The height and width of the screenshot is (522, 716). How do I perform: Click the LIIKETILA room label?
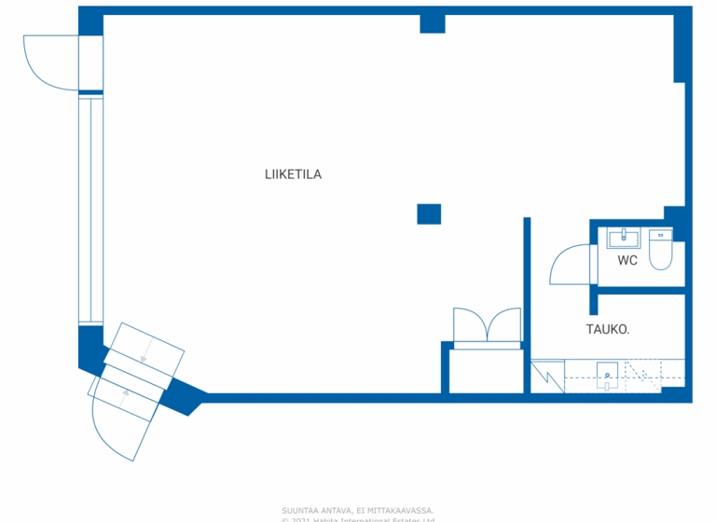tap(293, 174)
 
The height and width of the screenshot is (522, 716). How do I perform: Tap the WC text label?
tap(627, 261)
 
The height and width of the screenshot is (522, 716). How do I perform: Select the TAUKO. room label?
tap(607, 329)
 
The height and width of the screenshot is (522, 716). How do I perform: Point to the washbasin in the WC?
tap(622, 239)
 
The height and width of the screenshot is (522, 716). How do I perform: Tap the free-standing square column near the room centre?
tap(428, 213)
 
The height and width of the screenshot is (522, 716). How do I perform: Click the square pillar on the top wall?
tap(432, 23)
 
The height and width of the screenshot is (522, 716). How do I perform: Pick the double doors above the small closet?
tap(486, 326)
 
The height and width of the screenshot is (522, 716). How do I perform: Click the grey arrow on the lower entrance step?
tap(125, 397)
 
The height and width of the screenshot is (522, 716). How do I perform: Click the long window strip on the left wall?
tap(90, 207)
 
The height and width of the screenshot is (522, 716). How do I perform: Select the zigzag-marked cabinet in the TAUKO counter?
tap(547, 376)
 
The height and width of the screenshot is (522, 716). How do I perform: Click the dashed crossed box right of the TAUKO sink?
tap(642, 375)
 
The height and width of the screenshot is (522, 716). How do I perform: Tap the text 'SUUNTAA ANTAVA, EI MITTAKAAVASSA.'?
tap(357, 510)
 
